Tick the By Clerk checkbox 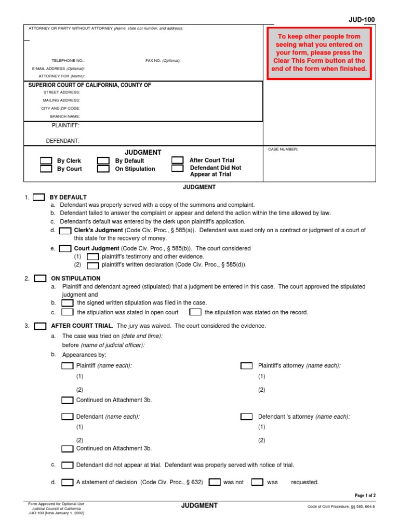[x=46, y=161]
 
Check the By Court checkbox [x=46, y=169]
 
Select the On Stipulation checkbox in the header [x=103, y=169]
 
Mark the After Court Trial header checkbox [x=178, y=161]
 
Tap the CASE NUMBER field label [x=283, y=149]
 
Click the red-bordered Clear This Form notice [x=319, y=53]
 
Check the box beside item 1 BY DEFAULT [x=39, y=197]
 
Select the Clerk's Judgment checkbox [x=65, y=231]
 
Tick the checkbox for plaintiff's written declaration [x=92, y=265]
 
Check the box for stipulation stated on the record [x=195, y=312]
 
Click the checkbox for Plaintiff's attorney [x=246, y=366]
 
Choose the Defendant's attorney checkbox [x=246, y=417]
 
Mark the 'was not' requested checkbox [x=215, y=482]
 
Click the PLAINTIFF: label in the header [x=65, y=126]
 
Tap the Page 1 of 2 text [x=365, y=496]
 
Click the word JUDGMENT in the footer [x=199, y=506]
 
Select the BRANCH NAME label [x=65, y=116]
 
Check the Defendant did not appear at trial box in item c [x=67, y=465]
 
